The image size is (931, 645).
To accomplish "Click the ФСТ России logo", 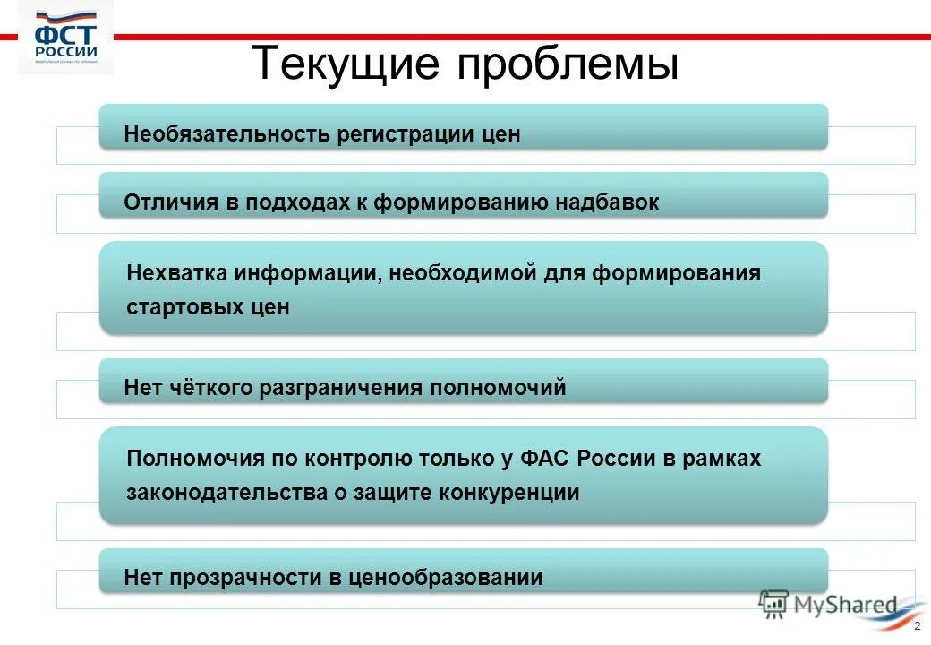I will (x=66, y=40).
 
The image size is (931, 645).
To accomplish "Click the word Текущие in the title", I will (x=345, y=64).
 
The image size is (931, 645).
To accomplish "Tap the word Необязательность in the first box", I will (x=227, y=134).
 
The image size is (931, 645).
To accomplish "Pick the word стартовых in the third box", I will (x=180, y=306).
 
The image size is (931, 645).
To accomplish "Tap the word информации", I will (x=307, y=272).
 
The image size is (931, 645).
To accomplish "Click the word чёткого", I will (x=208, y=388).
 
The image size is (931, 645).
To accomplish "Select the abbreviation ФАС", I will (x=547, y=459).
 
